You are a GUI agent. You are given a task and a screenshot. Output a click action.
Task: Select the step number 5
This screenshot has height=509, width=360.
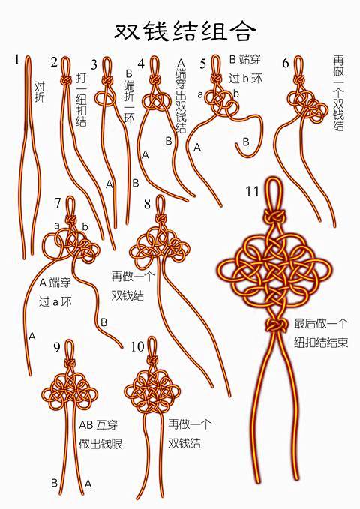(202, 64)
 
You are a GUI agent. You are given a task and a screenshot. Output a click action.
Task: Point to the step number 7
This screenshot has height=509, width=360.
(58, 203)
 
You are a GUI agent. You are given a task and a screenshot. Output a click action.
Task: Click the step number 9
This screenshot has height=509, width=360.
(57, 346)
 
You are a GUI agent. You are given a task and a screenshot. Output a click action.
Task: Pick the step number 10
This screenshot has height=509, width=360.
(137, 346)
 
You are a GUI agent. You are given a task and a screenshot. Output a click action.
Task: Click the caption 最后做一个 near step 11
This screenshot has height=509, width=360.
(321, 324)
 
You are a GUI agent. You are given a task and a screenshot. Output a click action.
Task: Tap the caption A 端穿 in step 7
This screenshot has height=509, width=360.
(55, 283)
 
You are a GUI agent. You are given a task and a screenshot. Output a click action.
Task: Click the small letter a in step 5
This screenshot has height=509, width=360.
(200, 94)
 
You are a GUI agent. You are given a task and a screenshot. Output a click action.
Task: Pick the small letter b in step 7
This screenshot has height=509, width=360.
(85, 226)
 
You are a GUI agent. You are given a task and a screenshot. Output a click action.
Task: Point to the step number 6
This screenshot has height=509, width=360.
(286, 63)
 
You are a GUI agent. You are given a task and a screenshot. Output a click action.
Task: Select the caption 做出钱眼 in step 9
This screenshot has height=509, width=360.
(100, 444)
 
